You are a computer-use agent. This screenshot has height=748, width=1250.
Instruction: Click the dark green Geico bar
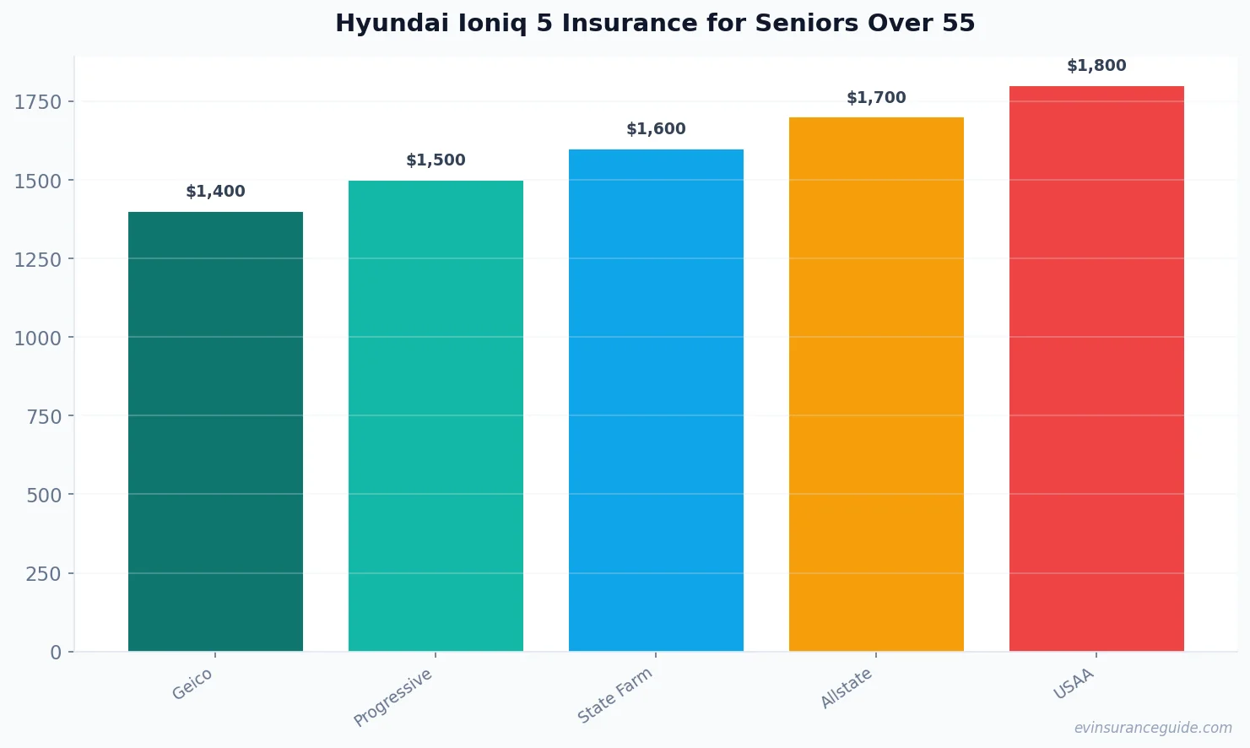point(215,431)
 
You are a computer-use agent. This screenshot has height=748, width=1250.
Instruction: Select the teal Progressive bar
point(436,415)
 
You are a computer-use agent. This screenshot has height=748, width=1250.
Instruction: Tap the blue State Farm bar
point(656,399)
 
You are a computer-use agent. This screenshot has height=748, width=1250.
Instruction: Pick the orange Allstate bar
point(876,384)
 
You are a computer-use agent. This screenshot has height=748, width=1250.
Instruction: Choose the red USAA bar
point(1096,368)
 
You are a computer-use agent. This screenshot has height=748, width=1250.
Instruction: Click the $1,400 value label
point(215,192)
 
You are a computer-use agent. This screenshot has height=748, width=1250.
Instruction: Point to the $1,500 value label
point(436,160)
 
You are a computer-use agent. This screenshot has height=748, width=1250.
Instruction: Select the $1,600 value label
point(656,129)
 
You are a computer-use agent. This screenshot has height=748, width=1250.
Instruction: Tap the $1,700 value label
point(876,98)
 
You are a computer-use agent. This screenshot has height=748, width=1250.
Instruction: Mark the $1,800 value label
point(1096,66)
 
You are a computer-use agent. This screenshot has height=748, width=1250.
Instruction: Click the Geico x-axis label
point(192,685)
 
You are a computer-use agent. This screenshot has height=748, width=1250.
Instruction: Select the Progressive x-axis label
point(393,697)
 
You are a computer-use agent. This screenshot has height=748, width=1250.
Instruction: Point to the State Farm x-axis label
point(615,696)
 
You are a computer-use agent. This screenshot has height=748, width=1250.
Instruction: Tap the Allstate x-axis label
point(847,688)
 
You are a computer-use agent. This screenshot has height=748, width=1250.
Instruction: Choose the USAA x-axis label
point(1074,684)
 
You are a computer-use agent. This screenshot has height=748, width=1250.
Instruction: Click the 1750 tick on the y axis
point(38,102)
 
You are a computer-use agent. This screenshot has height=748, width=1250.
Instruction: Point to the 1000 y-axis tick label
point(38,338)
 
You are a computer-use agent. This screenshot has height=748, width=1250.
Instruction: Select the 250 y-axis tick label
point(44,574)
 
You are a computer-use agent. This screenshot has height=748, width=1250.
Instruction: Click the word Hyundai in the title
point(392,24)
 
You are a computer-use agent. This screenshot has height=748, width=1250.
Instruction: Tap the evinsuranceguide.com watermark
point(1153,728)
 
